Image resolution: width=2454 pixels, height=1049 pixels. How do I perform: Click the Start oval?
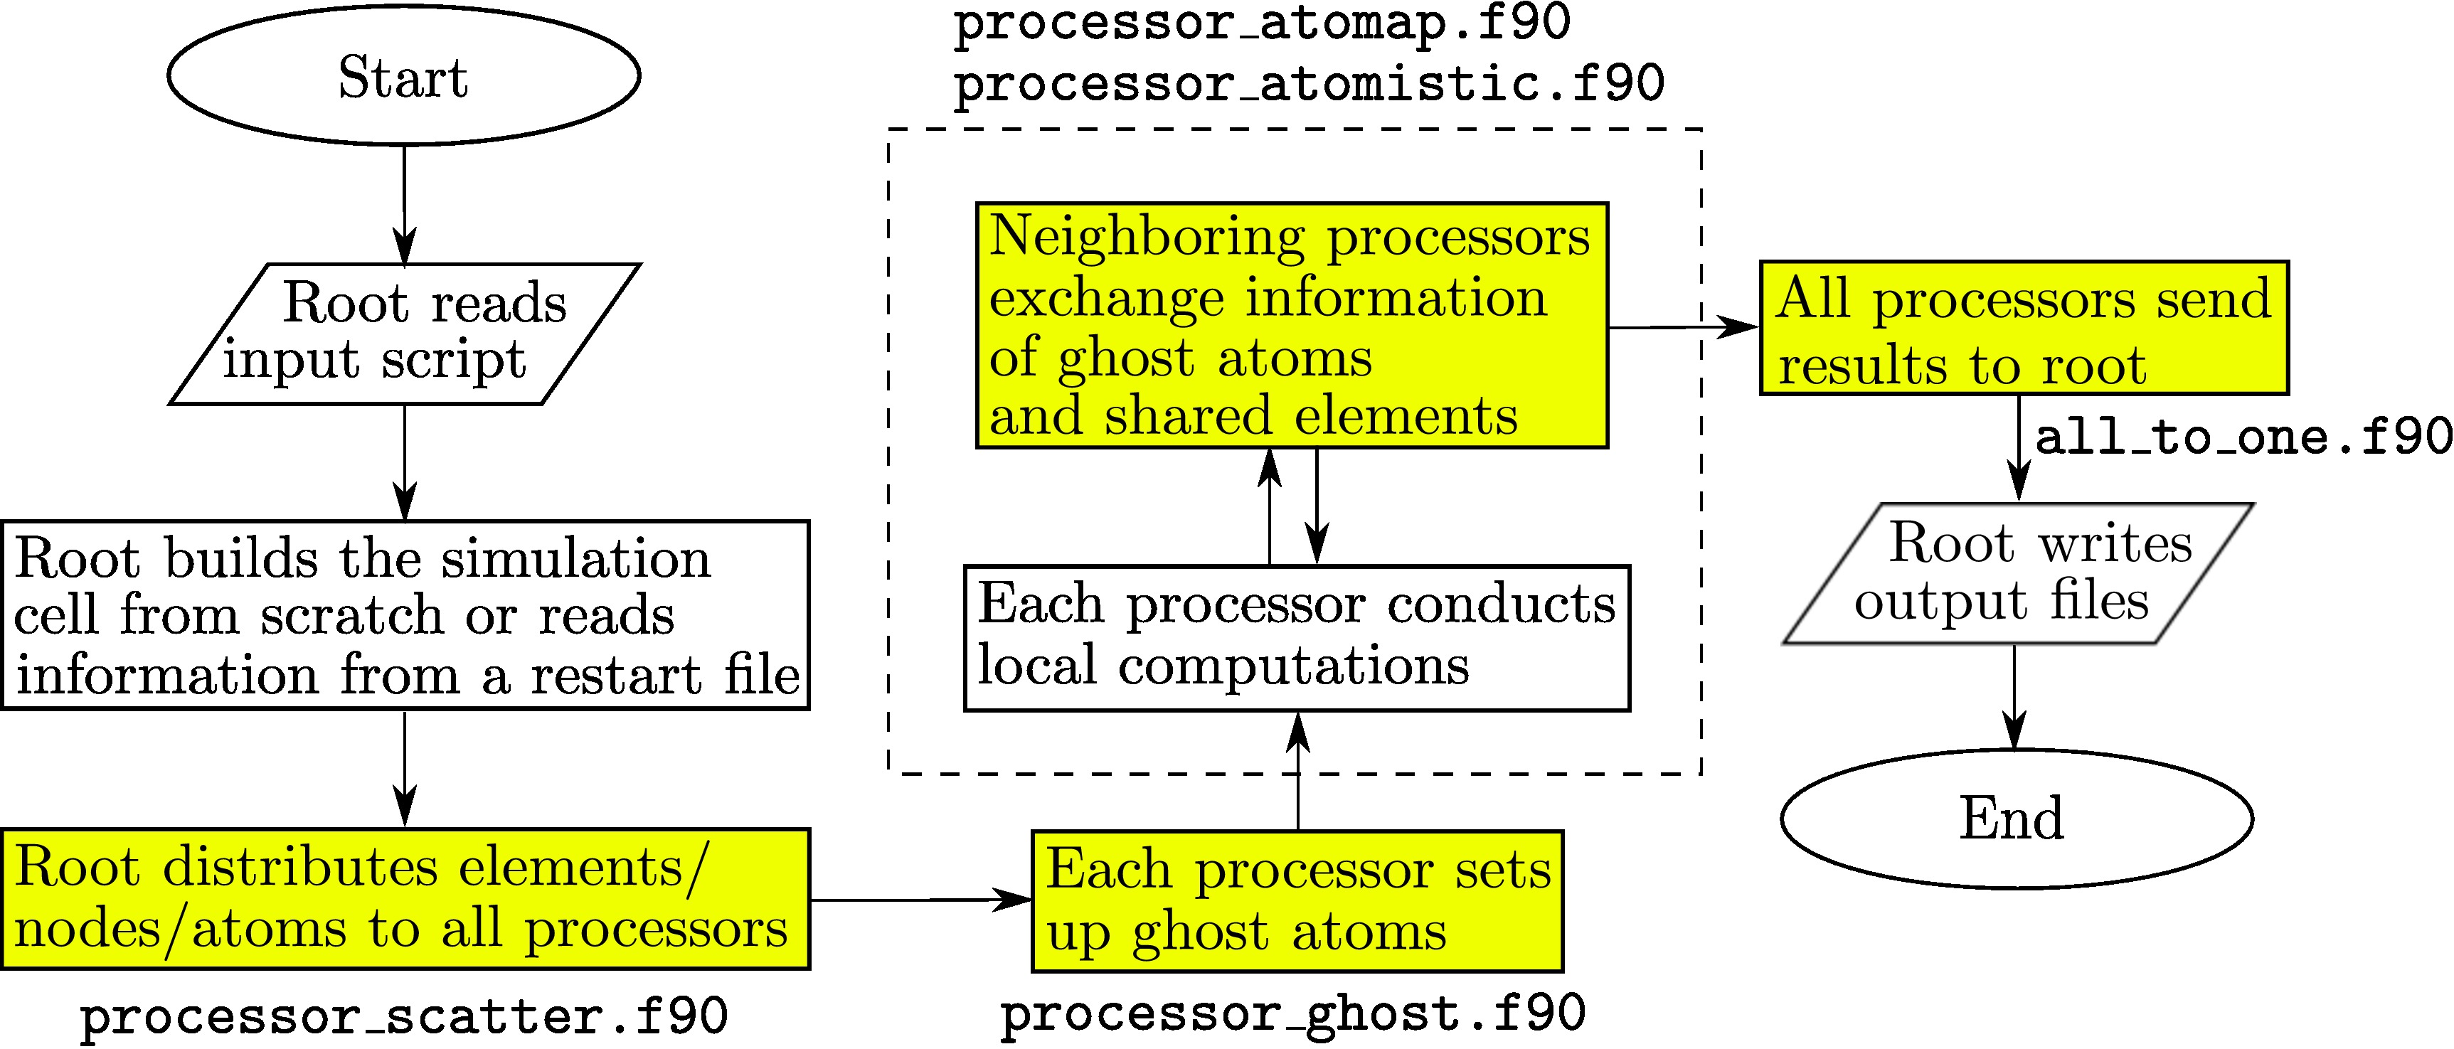[404, 76]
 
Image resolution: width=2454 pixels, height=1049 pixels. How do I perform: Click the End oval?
[2016, 819]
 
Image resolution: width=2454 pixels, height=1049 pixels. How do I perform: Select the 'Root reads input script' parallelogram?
[404, 334]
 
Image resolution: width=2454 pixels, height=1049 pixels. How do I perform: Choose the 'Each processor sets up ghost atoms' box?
[1297, 901]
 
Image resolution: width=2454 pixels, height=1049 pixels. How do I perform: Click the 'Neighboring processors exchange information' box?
[1292, 325]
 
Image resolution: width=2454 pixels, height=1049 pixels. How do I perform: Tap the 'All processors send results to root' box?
[2024, 328]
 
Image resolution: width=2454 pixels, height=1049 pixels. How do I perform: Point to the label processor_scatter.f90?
[404, 1016]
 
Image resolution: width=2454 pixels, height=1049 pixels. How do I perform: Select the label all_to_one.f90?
[2243, 437]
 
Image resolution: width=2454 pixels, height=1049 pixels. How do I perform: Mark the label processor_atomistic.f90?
[1309, 84]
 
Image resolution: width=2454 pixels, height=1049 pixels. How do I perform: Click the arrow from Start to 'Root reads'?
[405, 205]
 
